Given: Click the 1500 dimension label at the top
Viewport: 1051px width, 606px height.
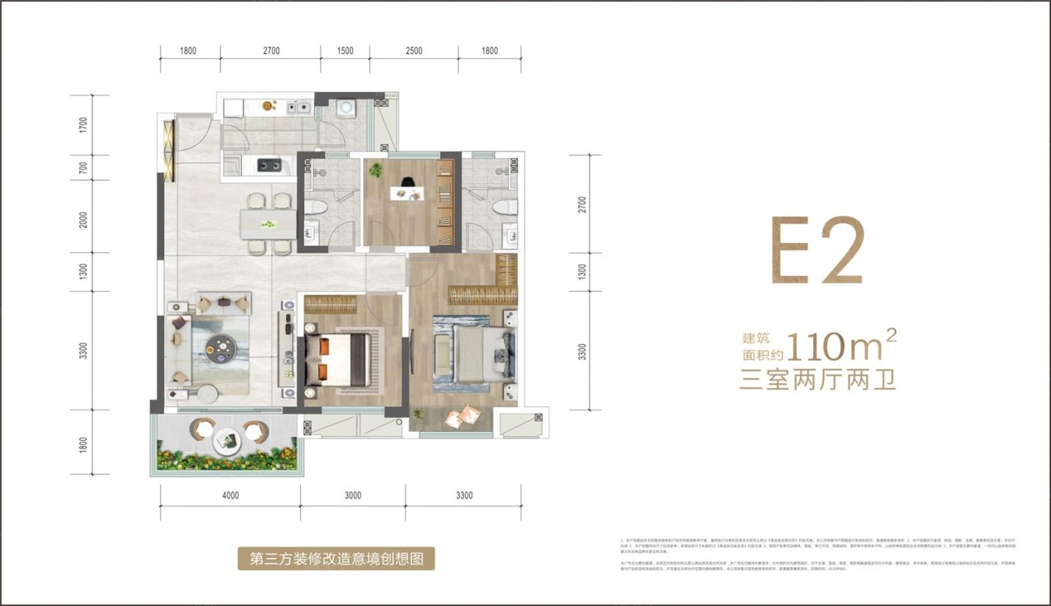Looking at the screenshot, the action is pyautogui.click(x=345, y=51).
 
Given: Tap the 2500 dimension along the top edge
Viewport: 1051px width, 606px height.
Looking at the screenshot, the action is pyautogui.click(x=414, y=51).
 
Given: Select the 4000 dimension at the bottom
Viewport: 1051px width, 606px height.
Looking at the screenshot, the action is pyautogui.click(x=230, y=495).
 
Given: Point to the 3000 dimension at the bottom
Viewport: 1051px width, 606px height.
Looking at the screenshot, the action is pyautogui.click(x=353, y=495).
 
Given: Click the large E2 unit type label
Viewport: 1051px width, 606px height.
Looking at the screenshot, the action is pyautogui.click(x=818, y=251).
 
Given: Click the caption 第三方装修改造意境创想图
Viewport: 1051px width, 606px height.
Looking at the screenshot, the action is pyautogui.click(x=336, y=558).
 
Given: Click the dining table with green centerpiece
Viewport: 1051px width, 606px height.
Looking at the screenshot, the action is pyautogui.click(x=268, y=223).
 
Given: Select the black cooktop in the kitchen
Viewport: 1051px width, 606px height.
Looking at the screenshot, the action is pyautogui.click(x=269, y=164).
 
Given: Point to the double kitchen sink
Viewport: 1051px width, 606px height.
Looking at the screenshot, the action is pyautogui.click(x=297, y=107).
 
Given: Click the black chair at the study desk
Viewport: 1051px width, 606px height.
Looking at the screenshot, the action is pyautogui.click(x=407, y=181).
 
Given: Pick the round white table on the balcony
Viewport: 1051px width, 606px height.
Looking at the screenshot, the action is pyautogui.click(x=225, y=439).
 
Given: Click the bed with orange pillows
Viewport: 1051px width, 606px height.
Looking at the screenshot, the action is pyautogui.click(x=338, y=358).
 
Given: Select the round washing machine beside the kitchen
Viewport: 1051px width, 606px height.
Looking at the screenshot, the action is pyautogui.click(x=346, y=107).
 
